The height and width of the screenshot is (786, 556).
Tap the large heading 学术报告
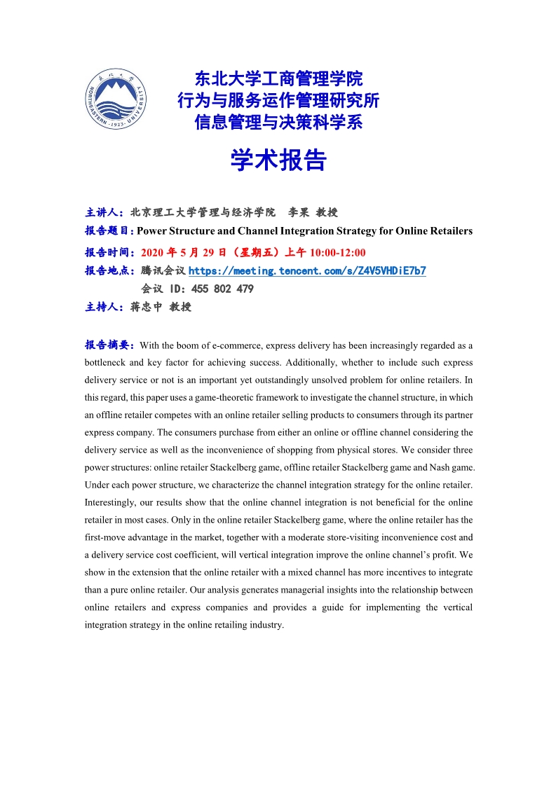(x=278, y=160)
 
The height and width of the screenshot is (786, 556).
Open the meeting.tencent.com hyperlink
(x=307, y=270)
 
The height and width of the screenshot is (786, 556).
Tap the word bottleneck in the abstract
(x=104, y=363)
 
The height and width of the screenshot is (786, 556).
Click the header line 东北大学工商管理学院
(x=278, y=78)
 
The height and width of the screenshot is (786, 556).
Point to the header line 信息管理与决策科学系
(x=278, y=123)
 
